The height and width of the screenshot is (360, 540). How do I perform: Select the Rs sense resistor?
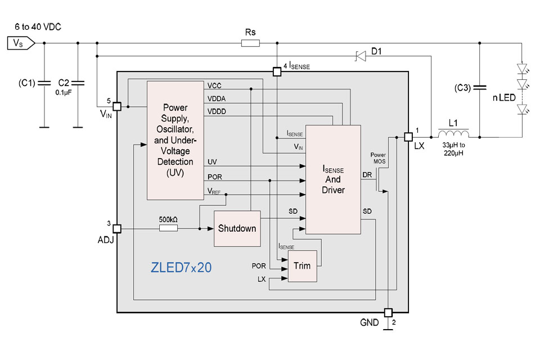point(250,43)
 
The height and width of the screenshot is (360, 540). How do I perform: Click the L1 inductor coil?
point(453,136)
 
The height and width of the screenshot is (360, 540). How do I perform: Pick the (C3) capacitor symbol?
point(480,88)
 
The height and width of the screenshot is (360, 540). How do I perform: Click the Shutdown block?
point(237,228)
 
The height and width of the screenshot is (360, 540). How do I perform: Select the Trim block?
point(301,265)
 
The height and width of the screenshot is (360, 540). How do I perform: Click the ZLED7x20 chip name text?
point(181,268)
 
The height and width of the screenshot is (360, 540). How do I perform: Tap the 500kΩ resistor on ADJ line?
point(168,228)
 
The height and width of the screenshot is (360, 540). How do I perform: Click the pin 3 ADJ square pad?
point(117,228)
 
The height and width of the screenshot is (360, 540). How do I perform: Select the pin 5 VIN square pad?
point(117,106)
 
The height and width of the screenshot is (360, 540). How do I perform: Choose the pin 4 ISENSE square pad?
point(276,71)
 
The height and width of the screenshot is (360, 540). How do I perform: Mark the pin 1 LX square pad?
point(408,136)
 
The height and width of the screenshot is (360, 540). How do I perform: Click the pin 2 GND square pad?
point(388,312)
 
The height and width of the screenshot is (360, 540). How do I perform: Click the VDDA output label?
point(216,98)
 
